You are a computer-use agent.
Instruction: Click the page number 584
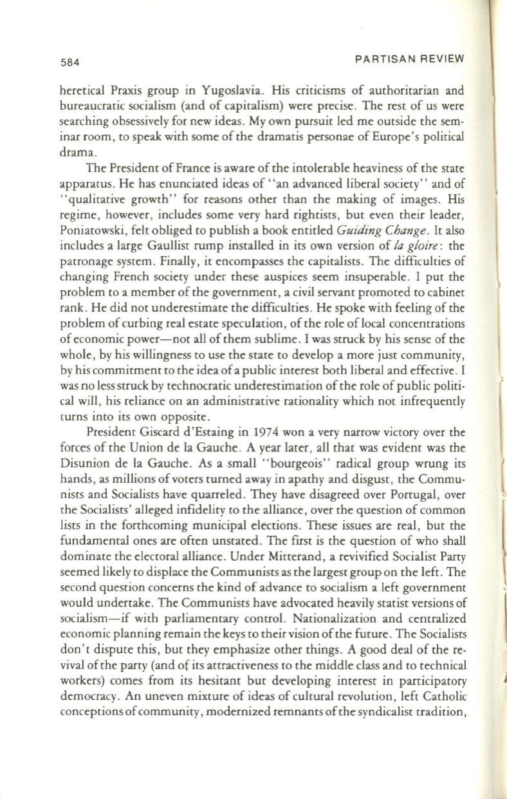pyautogui.click(x=66, y=63)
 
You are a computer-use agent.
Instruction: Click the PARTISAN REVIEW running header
pyautogui.click(x=409, y=59)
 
